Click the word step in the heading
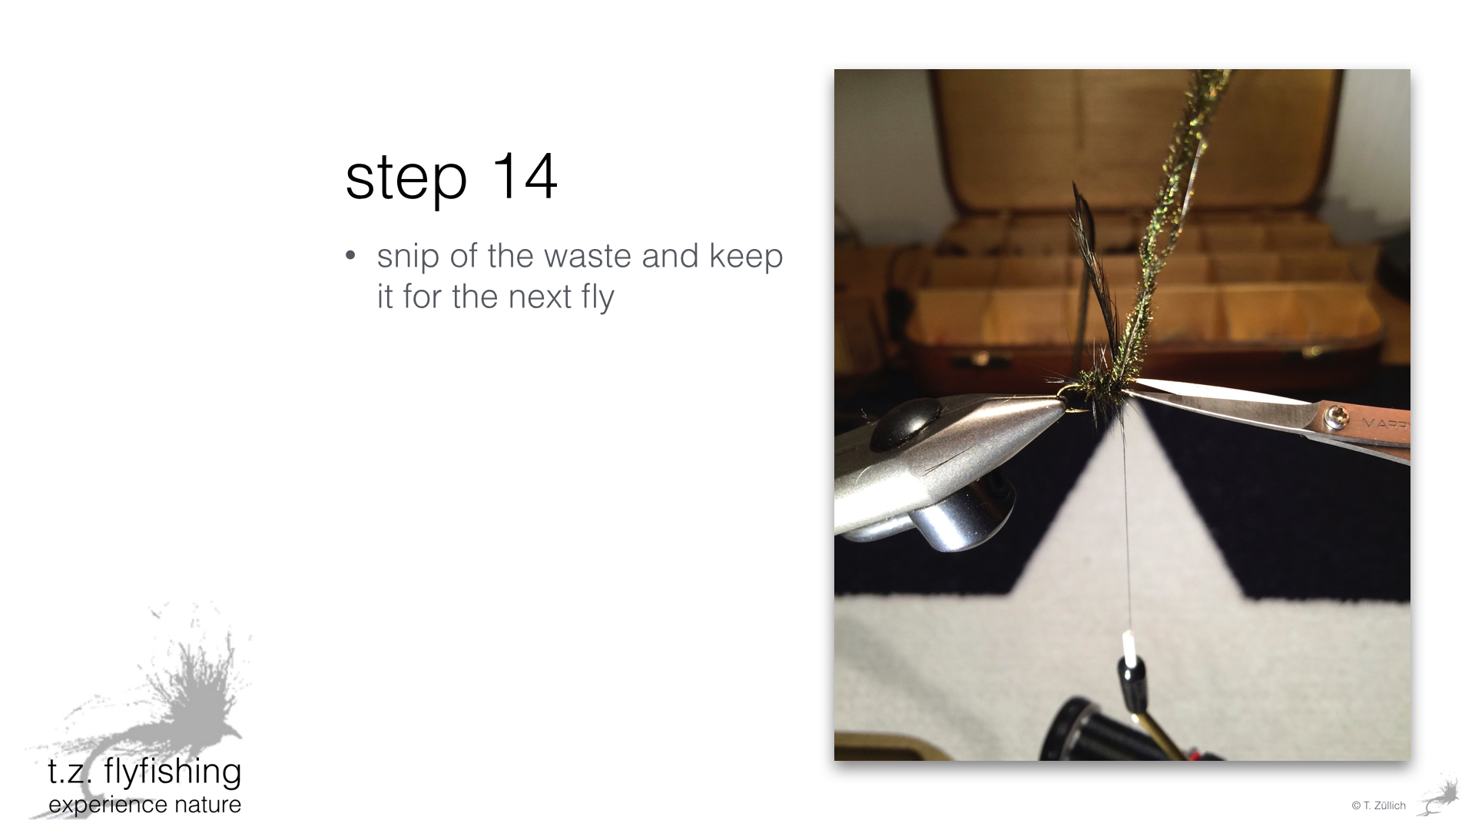[x=406, y=178]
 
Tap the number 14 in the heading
[x=524, y=176]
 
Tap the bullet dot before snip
[x=351, y=255]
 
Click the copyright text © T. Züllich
[x=1378, y=805]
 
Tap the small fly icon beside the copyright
[x=1439, y=797]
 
